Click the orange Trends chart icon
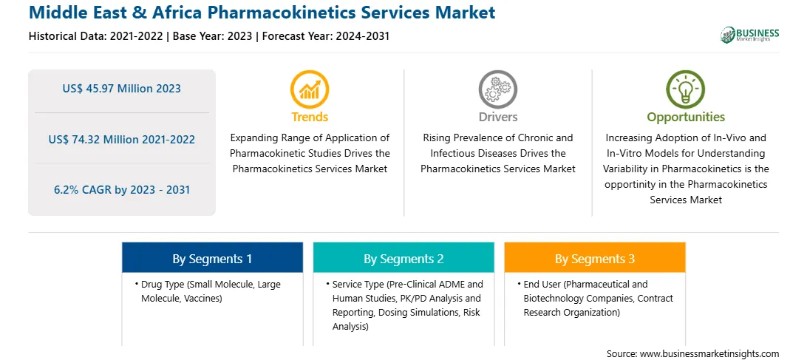point(310,89)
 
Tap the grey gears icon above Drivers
point(497,89)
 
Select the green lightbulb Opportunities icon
point(686,89)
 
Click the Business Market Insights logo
point(750,35)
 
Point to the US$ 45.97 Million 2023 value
point(121,89)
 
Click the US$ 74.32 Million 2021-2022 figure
point(121,139)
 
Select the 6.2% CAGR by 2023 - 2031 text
point(121,189)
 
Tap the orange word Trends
point(310,117)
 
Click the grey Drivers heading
point(497,117)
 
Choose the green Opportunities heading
point(686,117)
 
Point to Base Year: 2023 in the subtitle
point(212,36)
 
